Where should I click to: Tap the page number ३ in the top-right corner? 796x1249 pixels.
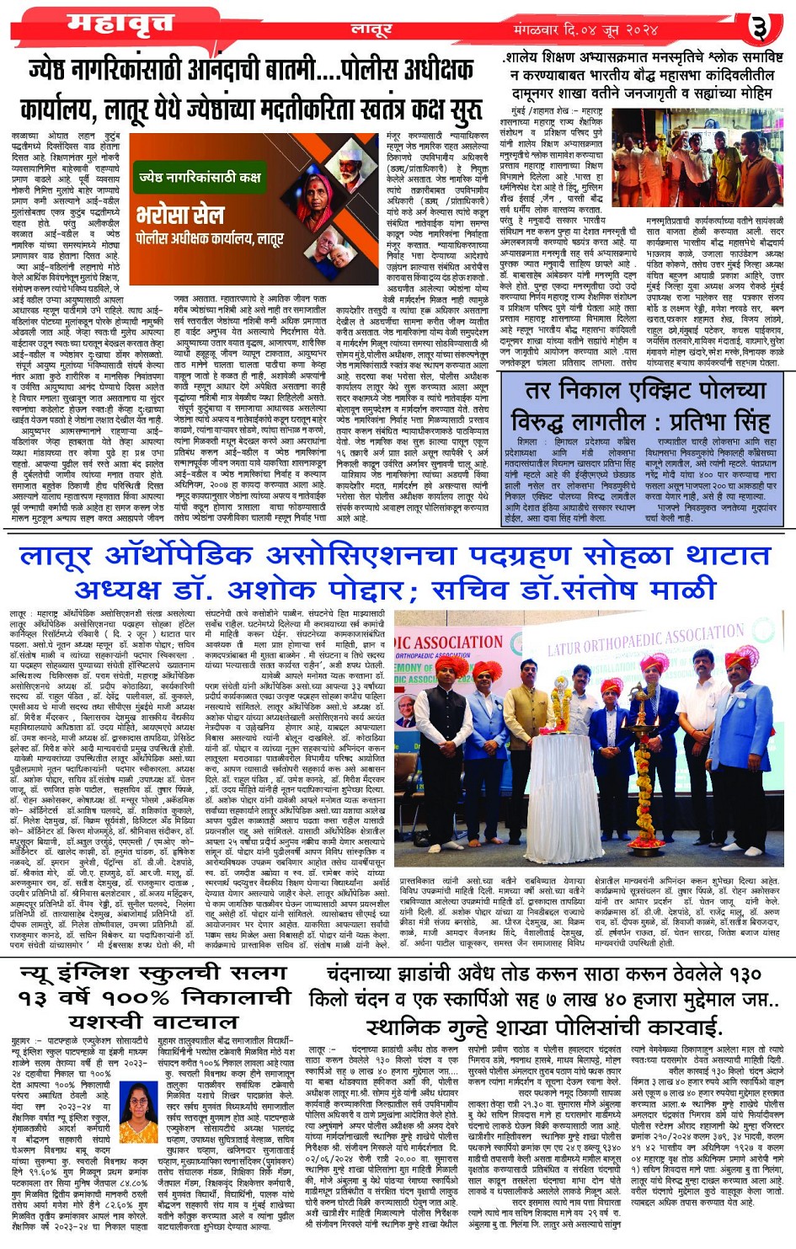pyautogui.click(x=761, y=29)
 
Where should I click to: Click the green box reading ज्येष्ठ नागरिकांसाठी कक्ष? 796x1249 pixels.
pyautogui.click(x=200, y=178)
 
